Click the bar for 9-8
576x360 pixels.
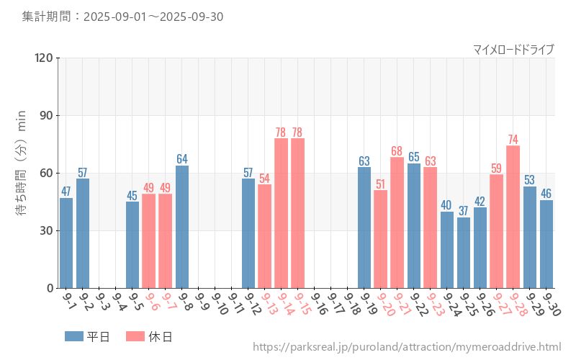pos(182,227)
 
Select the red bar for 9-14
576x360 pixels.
pos(281,213)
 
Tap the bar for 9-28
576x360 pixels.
pos(513,217)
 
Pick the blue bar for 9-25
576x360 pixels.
pos(464,253)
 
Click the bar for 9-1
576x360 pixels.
pos(66,243)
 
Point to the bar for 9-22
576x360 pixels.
pos(414,225)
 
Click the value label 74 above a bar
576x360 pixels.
pos(513,140)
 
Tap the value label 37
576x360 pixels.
pos(464,211)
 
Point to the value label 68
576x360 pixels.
pos(397,151)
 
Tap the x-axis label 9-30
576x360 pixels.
pos(549,304)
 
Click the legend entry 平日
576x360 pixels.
pos(86,336)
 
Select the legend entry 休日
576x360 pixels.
pos(148,336)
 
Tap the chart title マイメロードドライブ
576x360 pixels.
pos(513,49)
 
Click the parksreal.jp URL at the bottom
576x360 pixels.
pos(407,347)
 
